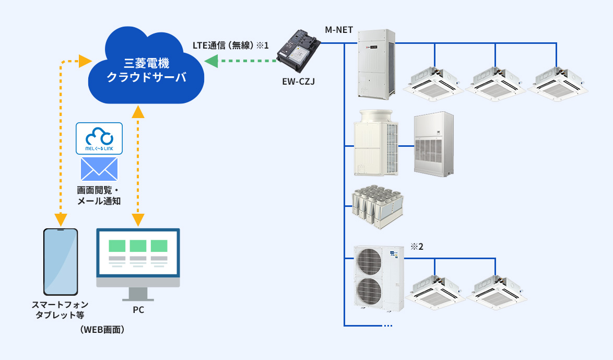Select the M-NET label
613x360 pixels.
pyautogui.click(x=339, y=31)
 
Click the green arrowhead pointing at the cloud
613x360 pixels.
pyautogui.click(x=211, y=62)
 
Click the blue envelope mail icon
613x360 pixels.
pyautogui.click(x=99, y=169)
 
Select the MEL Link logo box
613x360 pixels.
pyautogui.click(x=99, y=138)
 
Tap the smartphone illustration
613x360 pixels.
pyautogui.click(x=61, y=262)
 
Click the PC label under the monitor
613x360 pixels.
pyautogui.click(x=138, y=310)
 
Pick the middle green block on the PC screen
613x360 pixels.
pyautogui.click(x=138, y=246)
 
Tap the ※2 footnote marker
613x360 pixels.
pyautogui.click(x=416, y=246)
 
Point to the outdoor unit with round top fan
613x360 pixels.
pyautogui.click(x=376, y=143)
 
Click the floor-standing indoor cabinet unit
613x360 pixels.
pyautogui.click(x=434, y=143)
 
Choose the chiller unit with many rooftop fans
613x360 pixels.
pyautogui.click(x=377, y=206)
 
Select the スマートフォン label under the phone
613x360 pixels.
pyautogui.click(x=60, y=305)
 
